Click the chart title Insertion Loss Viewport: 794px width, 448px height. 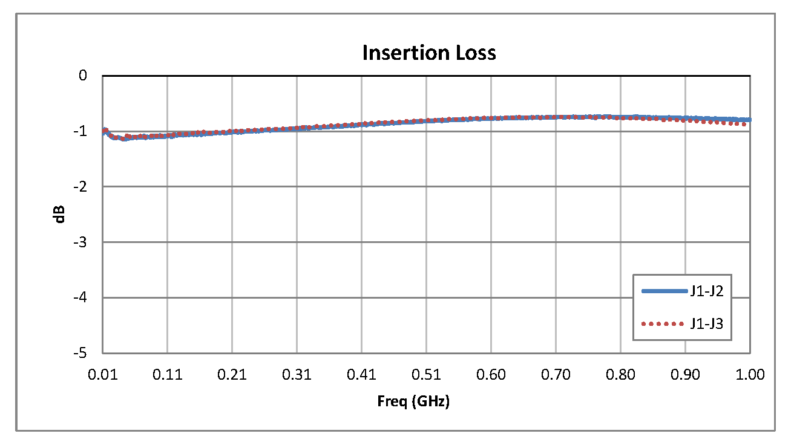pos(429,53)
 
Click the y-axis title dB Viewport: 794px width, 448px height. pos(60,215)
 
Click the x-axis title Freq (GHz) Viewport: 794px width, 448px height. pos(413,401)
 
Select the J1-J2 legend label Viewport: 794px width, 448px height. pos(707,291)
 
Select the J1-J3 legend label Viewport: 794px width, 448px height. pos(707,323)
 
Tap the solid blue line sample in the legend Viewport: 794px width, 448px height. pos(664,291)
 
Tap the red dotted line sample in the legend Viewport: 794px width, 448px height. pos(664,323)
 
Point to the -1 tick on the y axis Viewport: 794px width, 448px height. pos(82,131)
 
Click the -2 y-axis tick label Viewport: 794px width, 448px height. pos(82,186)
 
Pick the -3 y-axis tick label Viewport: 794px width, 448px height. pos(82,242)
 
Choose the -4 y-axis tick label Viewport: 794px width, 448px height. pos(82,297)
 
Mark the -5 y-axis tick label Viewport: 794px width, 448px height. pos(82,353)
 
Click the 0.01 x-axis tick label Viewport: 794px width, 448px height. pos(103,375)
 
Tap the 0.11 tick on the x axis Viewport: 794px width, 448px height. pos(168,375)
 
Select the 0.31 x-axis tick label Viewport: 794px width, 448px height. pos(297,375)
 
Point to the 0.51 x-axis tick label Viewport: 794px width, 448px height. pos(426,375)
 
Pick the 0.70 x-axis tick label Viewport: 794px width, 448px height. pos(556,375)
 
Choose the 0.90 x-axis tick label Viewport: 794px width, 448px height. pos(685,375)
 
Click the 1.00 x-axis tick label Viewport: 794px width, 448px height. pos(750,375)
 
